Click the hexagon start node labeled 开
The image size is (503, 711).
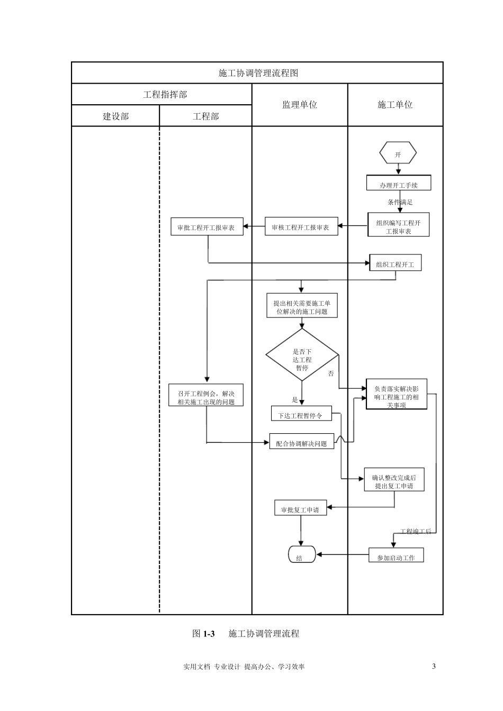point(398,154)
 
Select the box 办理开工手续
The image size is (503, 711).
point(399,183)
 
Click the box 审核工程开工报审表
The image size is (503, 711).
point(301,227)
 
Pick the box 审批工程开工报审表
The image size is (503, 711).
point(206,227)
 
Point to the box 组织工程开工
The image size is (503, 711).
point(395,263)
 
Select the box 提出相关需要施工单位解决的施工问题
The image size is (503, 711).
point(302,307)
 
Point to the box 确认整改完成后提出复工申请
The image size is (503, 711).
point(394,480)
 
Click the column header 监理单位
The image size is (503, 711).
point(300,105)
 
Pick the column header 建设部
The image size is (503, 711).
point(115,116)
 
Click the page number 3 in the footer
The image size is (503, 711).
point(434,666)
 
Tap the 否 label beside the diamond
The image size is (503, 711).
point(331,373)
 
